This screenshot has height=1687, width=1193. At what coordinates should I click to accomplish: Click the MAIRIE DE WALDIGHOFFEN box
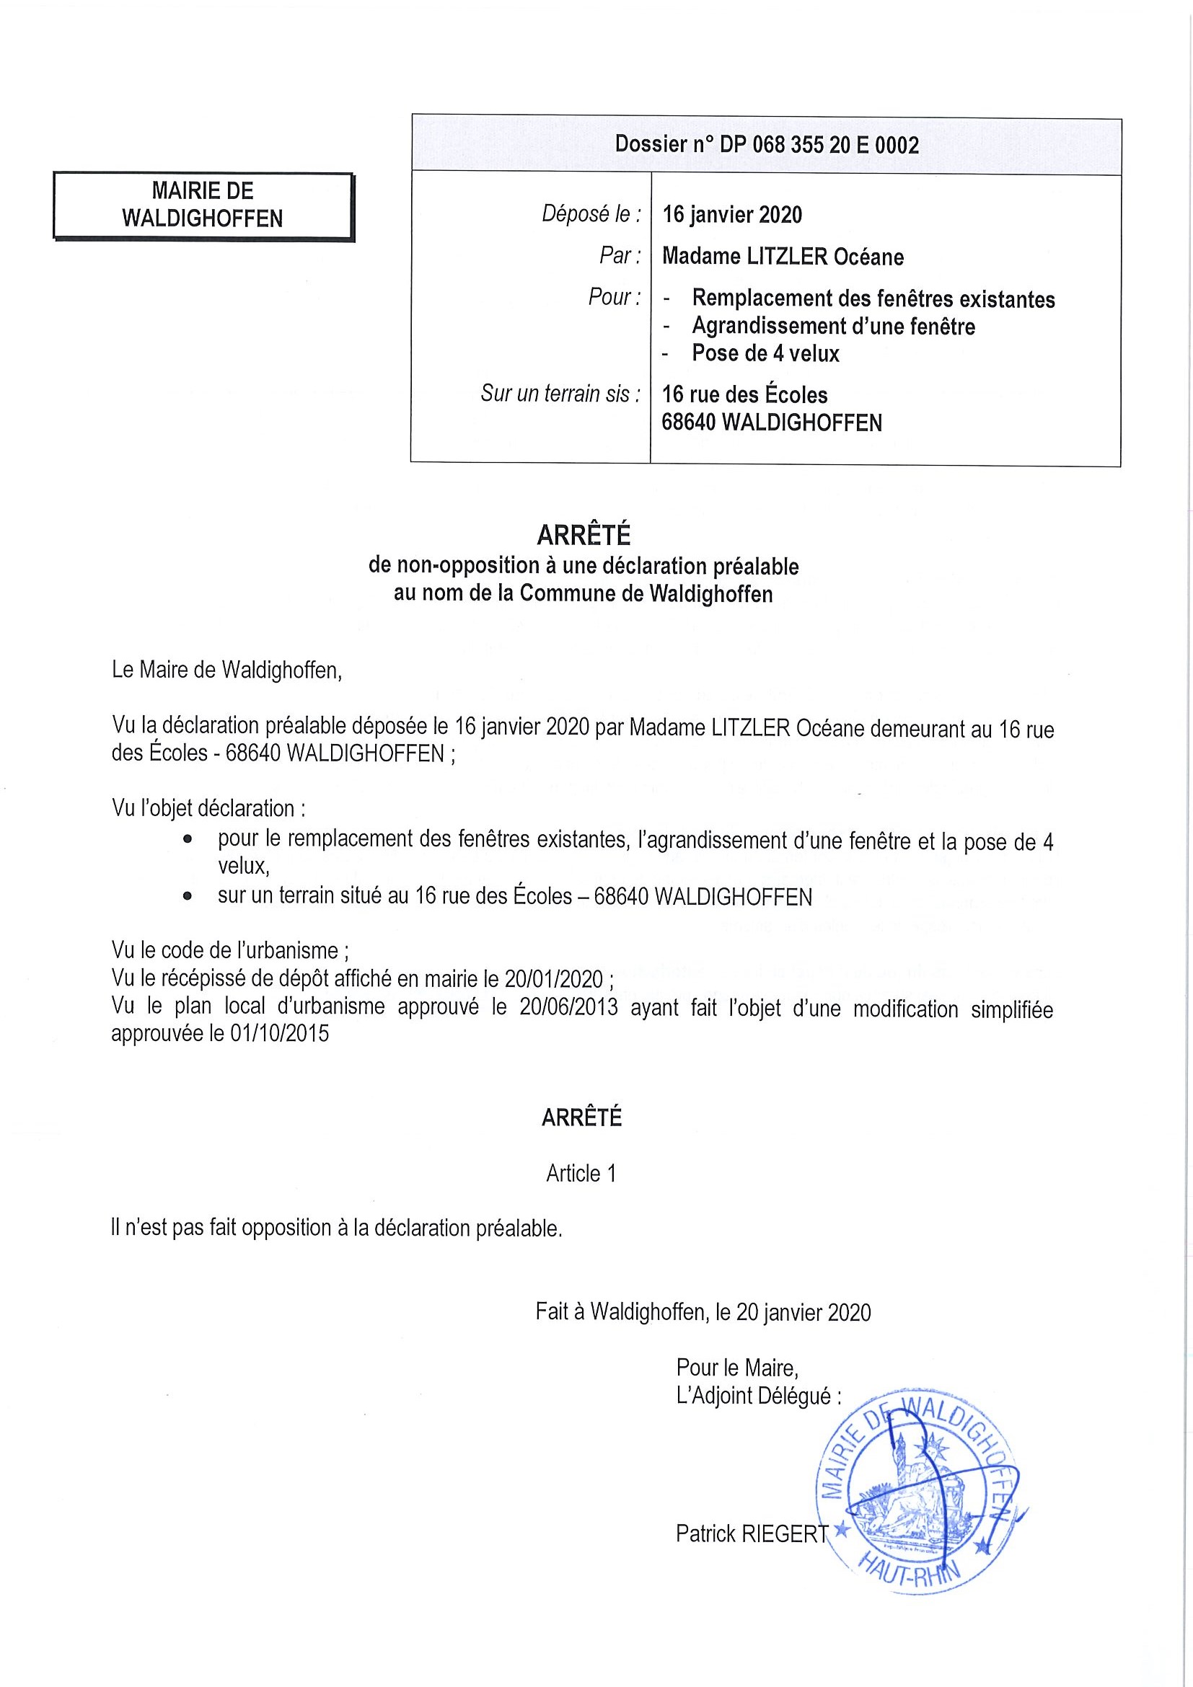coord(203,205)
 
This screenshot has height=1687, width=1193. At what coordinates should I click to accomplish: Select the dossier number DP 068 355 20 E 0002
coord(767,145)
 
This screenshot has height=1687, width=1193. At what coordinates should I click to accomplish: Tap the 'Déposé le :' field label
coord(591,214)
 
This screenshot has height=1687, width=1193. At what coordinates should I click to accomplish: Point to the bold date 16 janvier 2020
coord(732,215)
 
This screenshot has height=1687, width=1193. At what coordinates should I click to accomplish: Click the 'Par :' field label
coord(619,256)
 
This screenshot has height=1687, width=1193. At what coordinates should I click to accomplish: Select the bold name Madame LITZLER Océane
coord(783,257)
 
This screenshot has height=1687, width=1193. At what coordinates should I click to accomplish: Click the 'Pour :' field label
coord(614,297)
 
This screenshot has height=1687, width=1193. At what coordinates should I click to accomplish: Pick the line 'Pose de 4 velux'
coord(765,353)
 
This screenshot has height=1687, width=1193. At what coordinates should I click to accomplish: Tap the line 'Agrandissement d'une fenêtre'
coord(834,327)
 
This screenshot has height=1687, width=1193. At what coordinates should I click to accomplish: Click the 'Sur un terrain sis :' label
coord(561,394)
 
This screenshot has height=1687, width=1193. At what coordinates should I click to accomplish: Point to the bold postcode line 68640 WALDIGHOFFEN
coord(771,422)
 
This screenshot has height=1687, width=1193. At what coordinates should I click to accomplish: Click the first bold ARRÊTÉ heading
coord(584,535)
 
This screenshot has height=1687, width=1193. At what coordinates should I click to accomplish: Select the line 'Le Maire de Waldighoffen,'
coord(227,670)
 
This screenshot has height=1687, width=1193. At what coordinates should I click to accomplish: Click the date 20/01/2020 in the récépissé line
coord(553,979)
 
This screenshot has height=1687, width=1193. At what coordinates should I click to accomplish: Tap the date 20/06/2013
coord(568,1007)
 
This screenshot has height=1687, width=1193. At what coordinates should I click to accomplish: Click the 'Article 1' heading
coord(581,1174)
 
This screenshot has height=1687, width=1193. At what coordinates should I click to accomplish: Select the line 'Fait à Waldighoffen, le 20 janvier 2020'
coord(703,1311)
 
